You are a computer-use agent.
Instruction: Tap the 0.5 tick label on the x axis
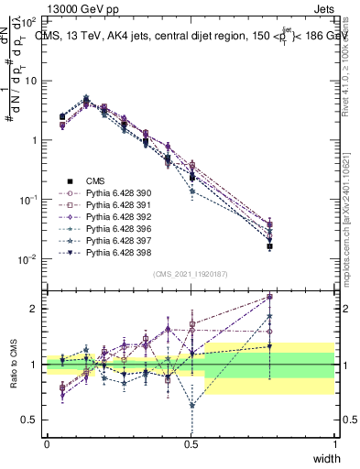191,444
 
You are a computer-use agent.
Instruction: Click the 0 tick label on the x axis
47,444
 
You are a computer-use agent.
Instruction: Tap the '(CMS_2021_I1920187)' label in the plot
191,274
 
